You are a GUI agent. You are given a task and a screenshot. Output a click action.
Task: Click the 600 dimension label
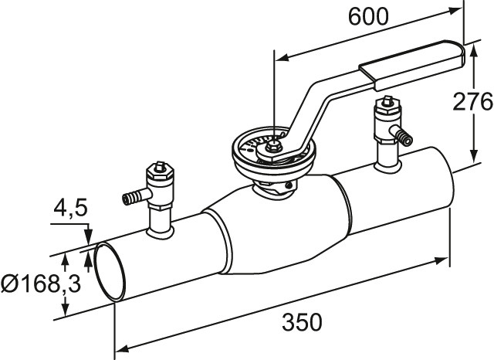click(x=368, y=17)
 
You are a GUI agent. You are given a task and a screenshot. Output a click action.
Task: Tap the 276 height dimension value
click(x=472, y=101)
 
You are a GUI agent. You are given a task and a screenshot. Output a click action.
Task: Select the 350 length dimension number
click(x=302, y=322)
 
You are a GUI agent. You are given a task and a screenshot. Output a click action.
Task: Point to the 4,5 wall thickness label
click(x=70, y=209)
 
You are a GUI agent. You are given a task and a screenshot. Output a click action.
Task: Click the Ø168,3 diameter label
click(x=41, y=284)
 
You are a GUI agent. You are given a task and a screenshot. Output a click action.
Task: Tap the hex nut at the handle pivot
click(x=271, y=146)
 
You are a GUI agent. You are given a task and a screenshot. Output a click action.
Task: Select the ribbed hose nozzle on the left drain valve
click(x=131, y=198)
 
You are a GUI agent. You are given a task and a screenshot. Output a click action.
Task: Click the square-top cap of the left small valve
click(x=160, y=166)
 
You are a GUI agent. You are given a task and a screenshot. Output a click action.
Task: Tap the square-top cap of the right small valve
click(x=387, y=101)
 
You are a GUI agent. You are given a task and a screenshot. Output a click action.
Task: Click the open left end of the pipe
click(x=110, y=273)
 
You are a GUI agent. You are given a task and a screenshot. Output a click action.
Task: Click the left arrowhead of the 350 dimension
click(x=123, y=348)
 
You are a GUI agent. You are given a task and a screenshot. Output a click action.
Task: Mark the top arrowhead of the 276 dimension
click(x=472, y=50)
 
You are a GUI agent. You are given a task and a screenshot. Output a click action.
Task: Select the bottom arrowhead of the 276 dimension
click(x=472, y=156)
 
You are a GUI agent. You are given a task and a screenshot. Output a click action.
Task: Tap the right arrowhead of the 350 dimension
click(x=441, y=260)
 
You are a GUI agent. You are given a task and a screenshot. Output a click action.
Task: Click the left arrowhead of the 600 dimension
click(x=283, y=57)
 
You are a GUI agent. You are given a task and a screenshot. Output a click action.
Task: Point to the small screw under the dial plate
click(x=288, y=185)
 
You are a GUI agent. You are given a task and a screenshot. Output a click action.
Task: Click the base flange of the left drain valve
click(x=160, y=233)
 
